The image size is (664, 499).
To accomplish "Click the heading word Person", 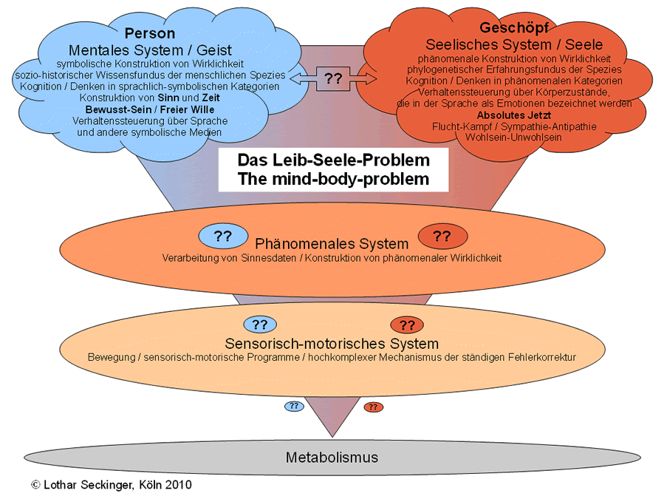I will pos(149,34).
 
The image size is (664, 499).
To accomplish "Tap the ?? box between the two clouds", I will pos(333,78).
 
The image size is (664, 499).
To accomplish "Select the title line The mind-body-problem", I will pos(334,178).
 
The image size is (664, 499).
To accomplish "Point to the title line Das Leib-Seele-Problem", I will pos(333,160).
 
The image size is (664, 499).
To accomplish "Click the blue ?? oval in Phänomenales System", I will pos(223,237).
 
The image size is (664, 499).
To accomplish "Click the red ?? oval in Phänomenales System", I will pos(442,237).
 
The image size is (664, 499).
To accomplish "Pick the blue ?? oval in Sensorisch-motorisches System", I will pos(259,324).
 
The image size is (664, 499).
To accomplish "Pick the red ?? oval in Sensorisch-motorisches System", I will pos(407,325).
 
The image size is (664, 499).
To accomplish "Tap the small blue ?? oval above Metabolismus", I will pos(294,406).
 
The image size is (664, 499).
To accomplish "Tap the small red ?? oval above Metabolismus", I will pos(374,407).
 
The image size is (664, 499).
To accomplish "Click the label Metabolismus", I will pos(332,457).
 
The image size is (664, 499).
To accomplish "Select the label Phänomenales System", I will pos(332,244).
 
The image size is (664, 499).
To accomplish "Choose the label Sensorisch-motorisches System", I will pos(332,344).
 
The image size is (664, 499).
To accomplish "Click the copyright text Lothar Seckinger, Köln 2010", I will pos(112,485).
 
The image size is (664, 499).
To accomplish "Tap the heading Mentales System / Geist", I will pos(150,50).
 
